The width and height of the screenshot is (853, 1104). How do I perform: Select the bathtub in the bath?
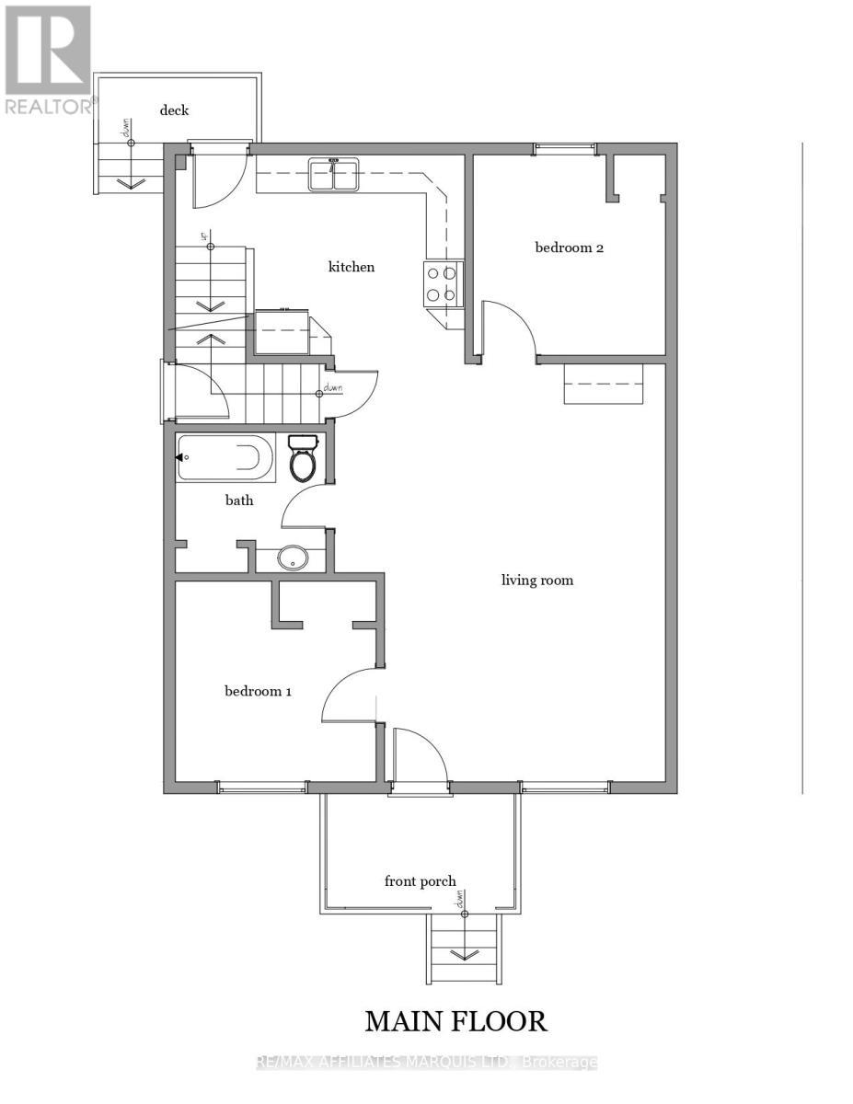225,457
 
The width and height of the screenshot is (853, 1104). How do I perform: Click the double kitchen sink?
333,175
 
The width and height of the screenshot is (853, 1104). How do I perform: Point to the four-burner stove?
443,282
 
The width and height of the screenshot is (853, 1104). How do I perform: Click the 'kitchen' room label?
352,267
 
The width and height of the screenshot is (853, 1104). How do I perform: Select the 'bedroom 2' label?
569,247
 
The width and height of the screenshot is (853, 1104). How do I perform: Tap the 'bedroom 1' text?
258,690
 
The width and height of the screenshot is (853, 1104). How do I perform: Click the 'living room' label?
536,580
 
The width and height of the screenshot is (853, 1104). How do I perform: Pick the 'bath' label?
239,500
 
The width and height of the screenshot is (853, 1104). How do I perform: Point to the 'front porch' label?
420,880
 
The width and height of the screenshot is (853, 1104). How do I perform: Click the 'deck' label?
174,109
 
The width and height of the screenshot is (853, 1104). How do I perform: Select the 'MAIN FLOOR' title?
455,1020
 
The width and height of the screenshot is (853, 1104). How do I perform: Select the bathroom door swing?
302,504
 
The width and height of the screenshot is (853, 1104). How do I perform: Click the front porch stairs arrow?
466,952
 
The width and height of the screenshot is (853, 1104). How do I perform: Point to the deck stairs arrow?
131,179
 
